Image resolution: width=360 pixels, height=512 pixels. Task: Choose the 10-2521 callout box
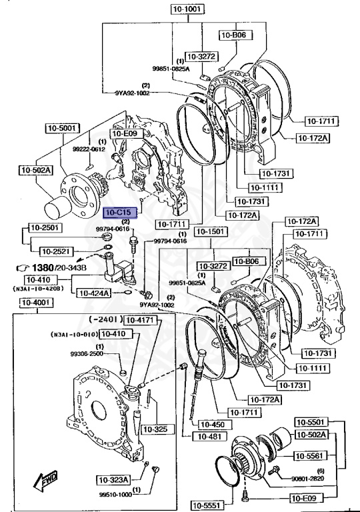pos(57,251)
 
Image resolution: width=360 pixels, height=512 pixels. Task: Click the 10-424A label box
pos(92,292)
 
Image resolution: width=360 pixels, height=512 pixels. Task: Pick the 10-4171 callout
pos(141,320)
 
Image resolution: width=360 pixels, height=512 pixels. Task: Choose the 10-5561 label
pos(311,455)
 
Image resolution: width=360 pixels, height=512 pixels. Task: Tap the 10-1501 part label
pos(210,231)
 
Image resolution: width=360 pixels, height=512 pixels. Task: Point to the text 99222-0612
pos(89,150)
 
